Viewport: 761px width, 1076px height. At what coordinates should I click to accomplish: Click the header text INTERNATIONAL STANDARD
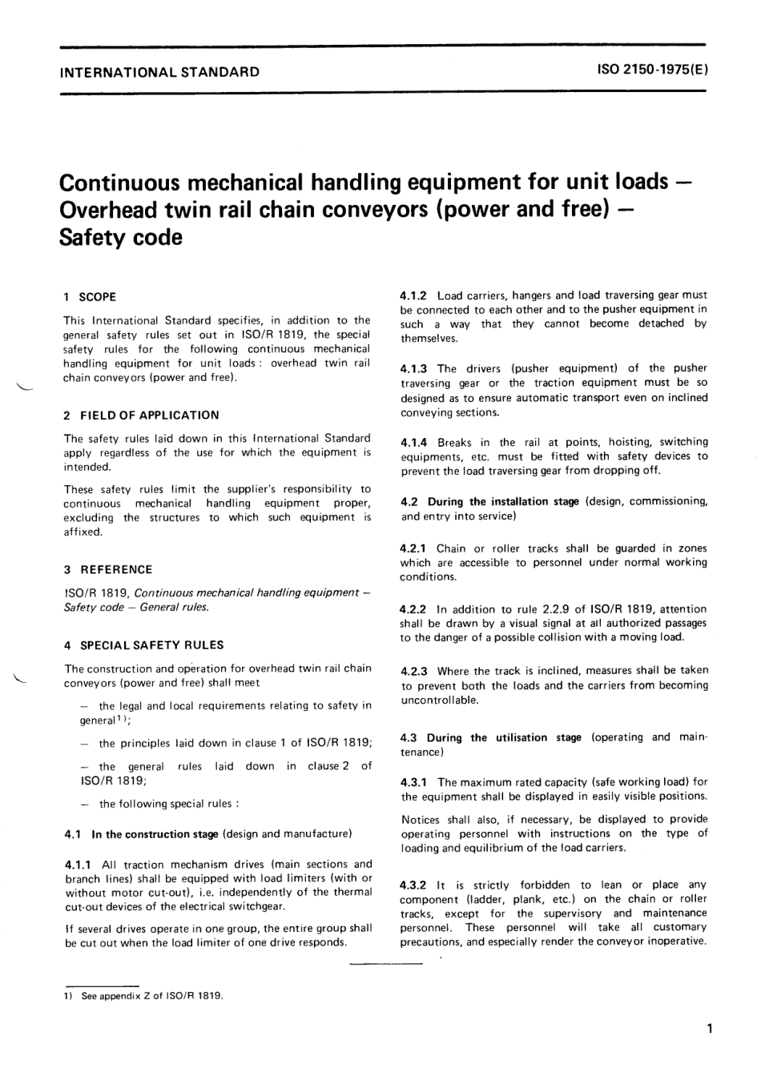click(160, 71)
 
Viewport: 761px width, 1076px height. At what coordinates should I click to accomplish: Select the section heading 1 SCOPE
click(90, 297)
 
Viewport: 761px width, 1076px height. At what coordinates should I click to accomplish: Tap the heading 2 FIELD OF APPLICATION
click(141, 415)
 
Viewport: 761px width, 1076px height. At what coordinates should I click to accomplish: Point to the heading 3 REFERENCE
click(108, 569)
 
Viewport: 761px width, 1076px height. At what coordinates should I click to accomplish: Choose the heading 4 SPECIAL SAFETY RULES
click(143, 644)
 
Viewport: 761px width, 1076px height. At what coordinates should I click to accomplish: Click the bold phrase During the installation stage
click(503, 502)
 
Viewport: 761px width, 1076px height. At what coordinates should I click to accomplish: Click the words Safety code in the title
click(121, 238)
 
